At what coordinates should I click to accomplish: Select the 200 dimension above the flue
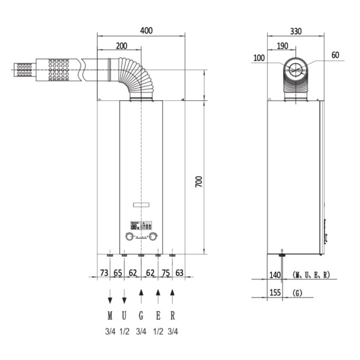pos(121,46)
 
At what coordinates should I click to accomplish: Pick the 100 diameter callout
pos(259,58)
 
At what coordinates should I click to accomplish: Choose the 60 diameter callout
pos(335,55)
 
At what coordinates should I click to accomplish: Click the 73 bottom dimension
pos(104,274)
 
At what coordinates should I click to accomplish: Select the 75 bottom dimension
pos(166,274)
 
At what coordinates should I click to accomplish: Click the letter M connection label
pos(110,316)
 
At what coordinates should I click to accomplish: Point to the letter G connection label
pos(141,316)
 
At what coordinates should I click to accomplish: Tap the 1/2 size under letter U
pos(124,331)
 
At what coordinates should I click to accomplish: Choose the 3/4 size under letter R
pos(173,331)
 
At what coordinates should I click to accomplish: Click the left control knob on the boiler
pos(128,236)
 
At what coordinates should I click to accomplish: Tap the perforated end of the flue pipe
pos(24,70)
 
